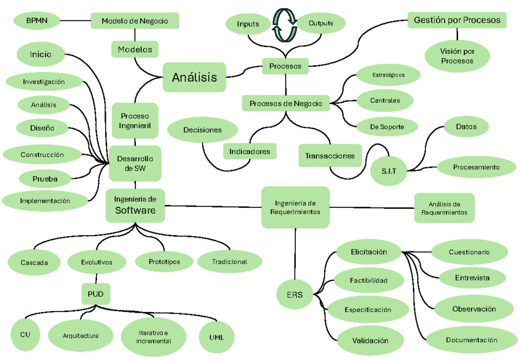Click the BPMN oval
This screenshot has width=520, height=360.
coord(37,20)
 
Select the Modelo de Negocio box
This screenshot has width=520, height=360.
coord(135,21)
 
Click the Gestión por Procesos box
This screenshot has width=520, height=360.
coord(457,20)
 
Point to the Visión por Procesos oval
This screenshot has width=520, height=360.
coord(457,56)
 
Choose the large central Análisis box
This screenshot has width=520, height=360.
coord(195,78)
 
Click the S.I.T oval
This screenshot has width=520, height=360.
coord(389,171)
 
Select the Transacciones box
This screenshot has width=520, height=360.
coord(330,156)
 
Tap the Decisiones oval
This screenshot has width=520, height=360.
coord(202,130)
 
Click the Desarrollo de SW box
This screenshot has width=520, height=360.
coord(135,163)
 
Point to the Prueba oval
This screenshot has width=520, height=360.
coord(45,178)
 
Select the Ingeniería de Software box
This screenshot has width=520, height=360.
coord(135,205)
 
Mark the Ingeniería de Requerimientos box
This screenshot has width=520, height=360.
coord(295,208)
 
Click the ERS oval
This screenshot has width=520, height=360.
coord(295,295)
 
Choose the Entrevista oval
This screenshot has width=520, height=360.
coord(472,278)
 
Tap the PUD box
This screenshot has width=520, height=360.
coord(95,294)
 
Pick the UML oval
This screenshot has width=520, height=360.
coord(216,337)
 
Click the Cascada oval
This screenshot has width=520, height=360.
coord(34,263)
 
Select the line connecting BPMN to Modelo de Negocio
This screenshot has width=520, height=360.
coord(75,20)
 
